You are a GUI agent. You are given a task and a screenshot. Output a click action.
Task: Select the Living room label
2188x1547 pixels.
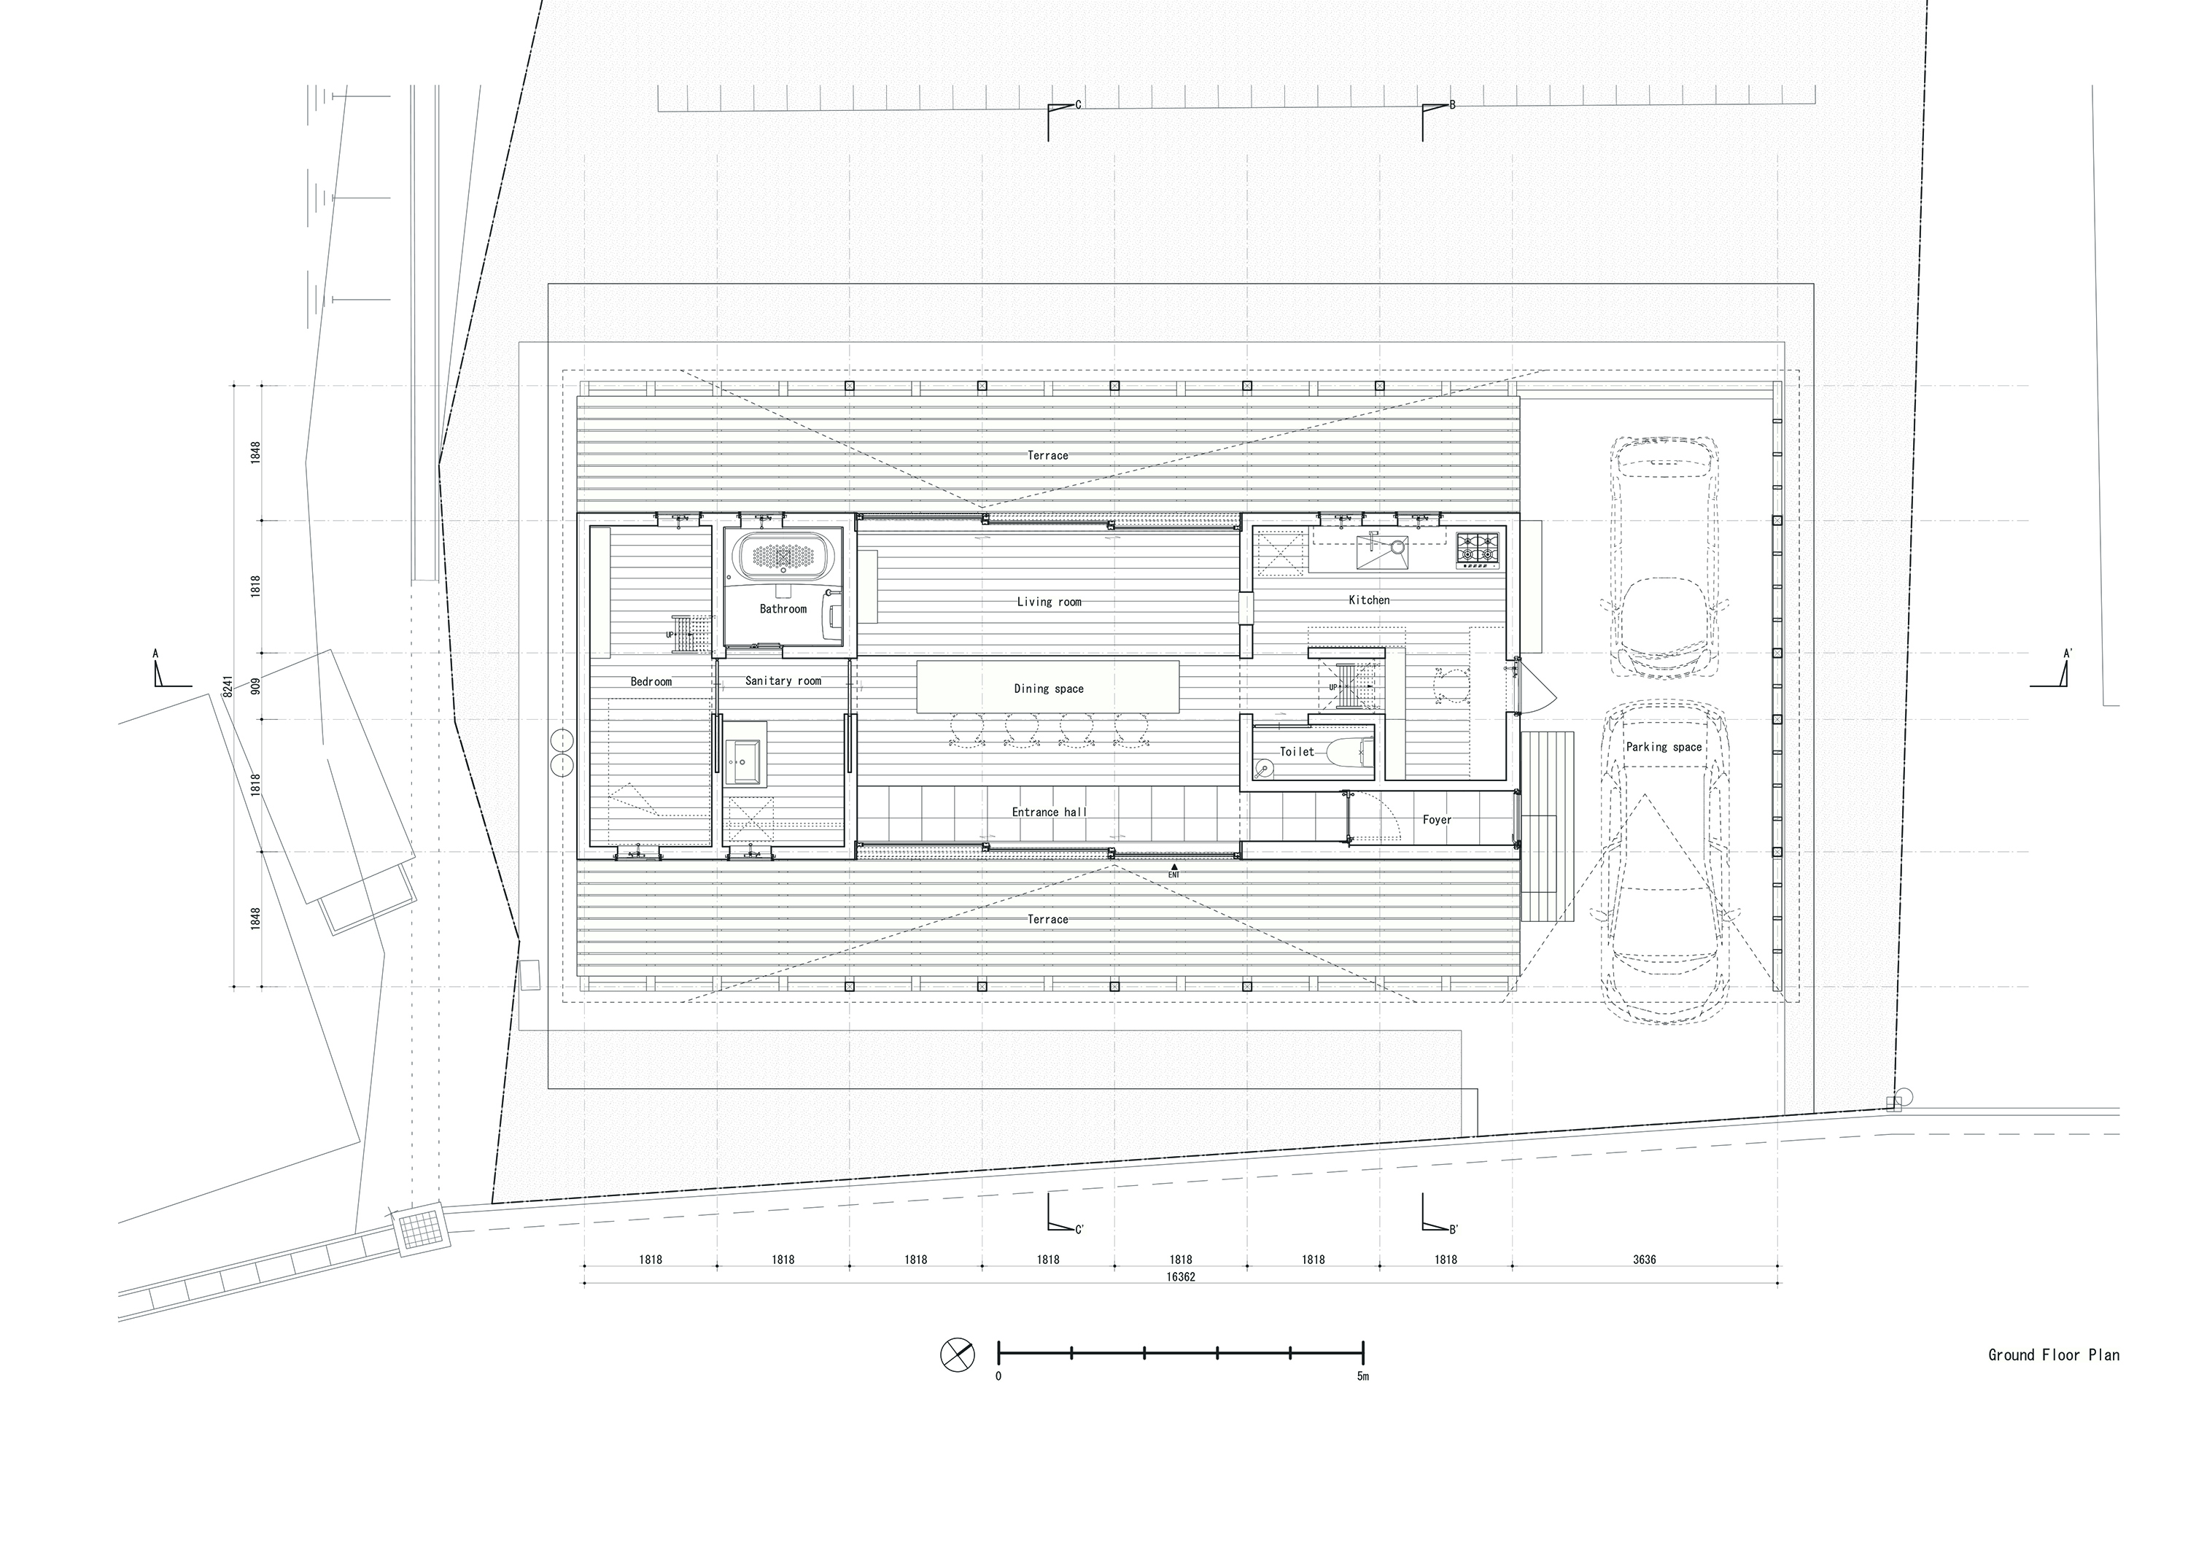point(1048,602)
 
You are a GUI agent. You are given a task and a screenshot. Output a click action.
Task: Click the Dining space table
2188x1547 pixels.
point(1048,687)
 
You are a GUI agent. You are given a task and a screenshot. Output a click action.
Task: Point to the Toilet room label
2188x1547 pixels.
point(1296,751)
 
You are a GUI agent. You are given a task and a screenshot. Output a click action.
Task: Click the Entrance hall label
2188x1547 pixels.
point(1048,812)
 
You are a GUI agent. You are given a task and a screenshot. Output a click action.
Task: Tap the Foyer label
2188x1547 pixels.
point(1436,819)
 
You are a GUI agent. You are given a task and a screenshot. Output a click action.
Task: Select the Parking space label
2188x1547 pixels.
point(1663,748)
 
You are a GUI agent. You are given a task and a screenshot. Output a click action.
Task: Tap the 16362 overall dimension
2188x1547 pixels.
point(1180,1277)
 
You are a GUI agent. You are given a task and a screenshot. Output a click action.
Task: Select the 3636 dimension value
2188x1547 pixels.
point(1644,1259)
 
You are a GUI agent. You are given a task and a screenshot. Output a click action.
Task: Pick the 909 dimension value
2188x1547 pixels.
point(255,686)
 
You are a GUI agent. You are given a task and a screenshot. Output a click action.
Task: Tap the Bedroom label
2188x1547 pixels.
point(651,681)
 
